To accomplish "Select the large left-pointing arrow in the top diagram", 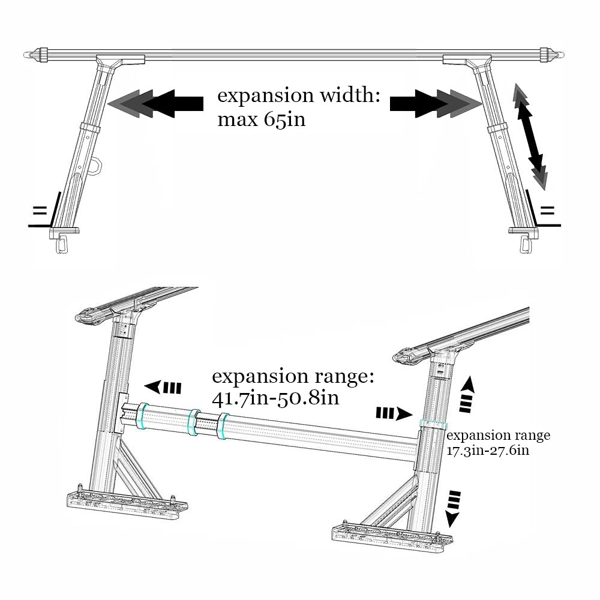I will pyautogui.click(x=156, y=103).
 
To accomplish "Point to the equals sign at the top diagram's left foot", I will pyautogui.click(x=40, y=211).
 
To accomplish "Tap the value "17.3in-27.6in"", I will pyautogui.click(x=488, y=450).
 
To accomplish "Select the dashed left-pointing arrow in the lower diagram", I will pyautogui.click(x=163, y=388).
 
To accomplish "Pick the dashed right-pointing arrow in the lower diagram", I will pyautogui.click(x=394, y=413).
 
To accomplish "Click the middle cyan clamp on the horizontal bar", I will pyautogui.click(x=194, y=422).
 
